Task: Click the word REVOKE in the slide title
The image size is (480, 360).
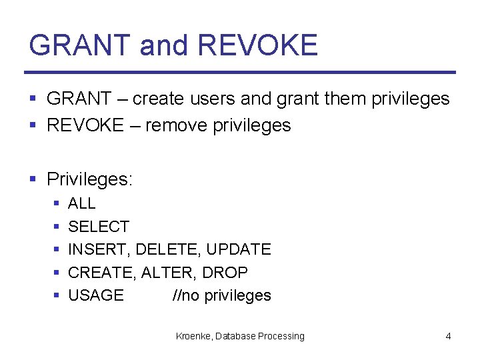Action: pos(258,45)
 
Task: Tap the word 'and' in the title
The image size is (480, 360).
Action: pos(165,45)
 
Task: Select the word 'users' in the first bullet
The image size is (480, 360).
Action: pos(213,99)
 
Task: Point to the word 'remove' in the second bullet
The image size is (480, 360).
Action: pos(177,125)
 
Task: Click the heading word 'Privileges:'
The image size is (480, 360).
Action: pos(90,179)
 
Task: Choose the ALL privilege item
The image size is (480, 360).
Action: pos(82,203)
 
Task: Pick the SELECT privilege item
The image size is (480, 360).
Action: pos(99,227)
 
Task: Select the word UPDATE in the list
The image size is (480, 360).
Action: pos(239,249)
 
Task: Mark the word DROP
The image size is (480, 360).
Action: pos(225,273)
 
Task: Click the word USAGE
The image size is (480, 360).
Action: pos(96,295)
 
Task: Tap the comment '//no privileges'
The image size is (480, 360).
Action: pos(221,295)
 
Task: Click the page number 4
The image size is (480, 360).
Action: pos(448,336)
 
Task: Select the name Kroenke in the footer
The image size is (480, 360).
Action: pos(193,336)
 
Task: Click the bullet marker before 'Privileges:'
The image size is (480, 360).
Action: pos(33,179)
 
